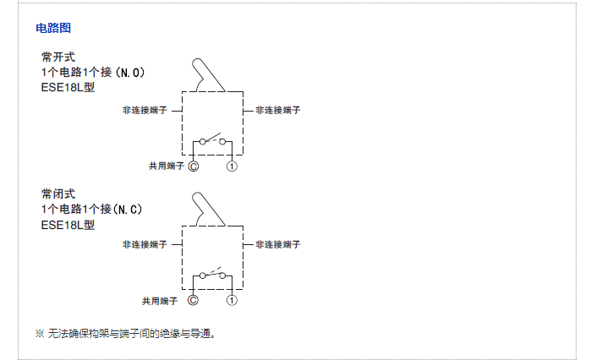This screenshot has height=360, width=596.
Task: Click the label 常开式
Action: coord(57,57)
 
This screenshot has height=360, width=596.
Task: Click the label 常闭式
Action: coord(57,194)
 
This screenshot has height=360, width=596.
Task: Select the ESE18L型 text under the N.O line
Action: coord(68,88)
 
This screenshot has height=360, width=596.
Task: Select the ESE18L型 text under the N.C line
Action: coord(68,225)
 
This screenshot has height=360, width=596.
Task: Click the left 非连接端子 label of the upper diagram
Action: coord(145,111)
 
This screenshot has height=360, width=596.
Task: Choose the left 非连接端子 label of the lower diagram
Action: coord(145,244)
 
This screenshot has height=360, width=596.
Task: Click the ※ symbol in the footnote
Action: coord(39,334)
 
